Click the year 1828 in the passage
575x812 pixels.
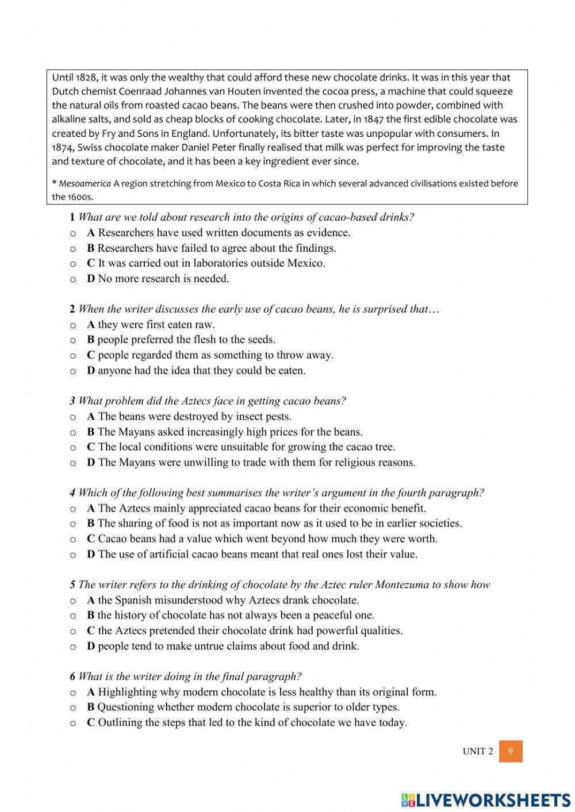[87, 77]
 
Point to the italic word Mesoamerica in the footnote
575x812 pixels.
[85, 183]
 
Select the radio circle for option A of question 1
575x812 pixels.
[73, 233]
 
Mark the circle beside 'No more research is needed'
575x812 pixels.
[73, 279]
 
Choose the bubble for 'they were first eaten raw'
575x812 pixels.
[73, 325]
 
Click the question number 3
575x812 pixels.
[72, 401]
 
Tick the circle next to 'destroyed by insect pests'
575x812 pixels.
[73, 417]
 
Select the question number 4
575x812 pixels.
[72, 493]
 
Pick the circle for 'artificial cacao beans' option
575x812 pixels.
[73, 555]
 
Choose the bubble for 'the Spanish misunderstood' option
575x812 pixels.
[73, 601]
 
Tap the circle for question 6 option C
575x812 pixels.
[73, 724]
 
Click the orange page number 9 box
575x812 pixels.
[511, 751]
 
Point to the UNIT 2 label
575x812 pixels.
[477, 751]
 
